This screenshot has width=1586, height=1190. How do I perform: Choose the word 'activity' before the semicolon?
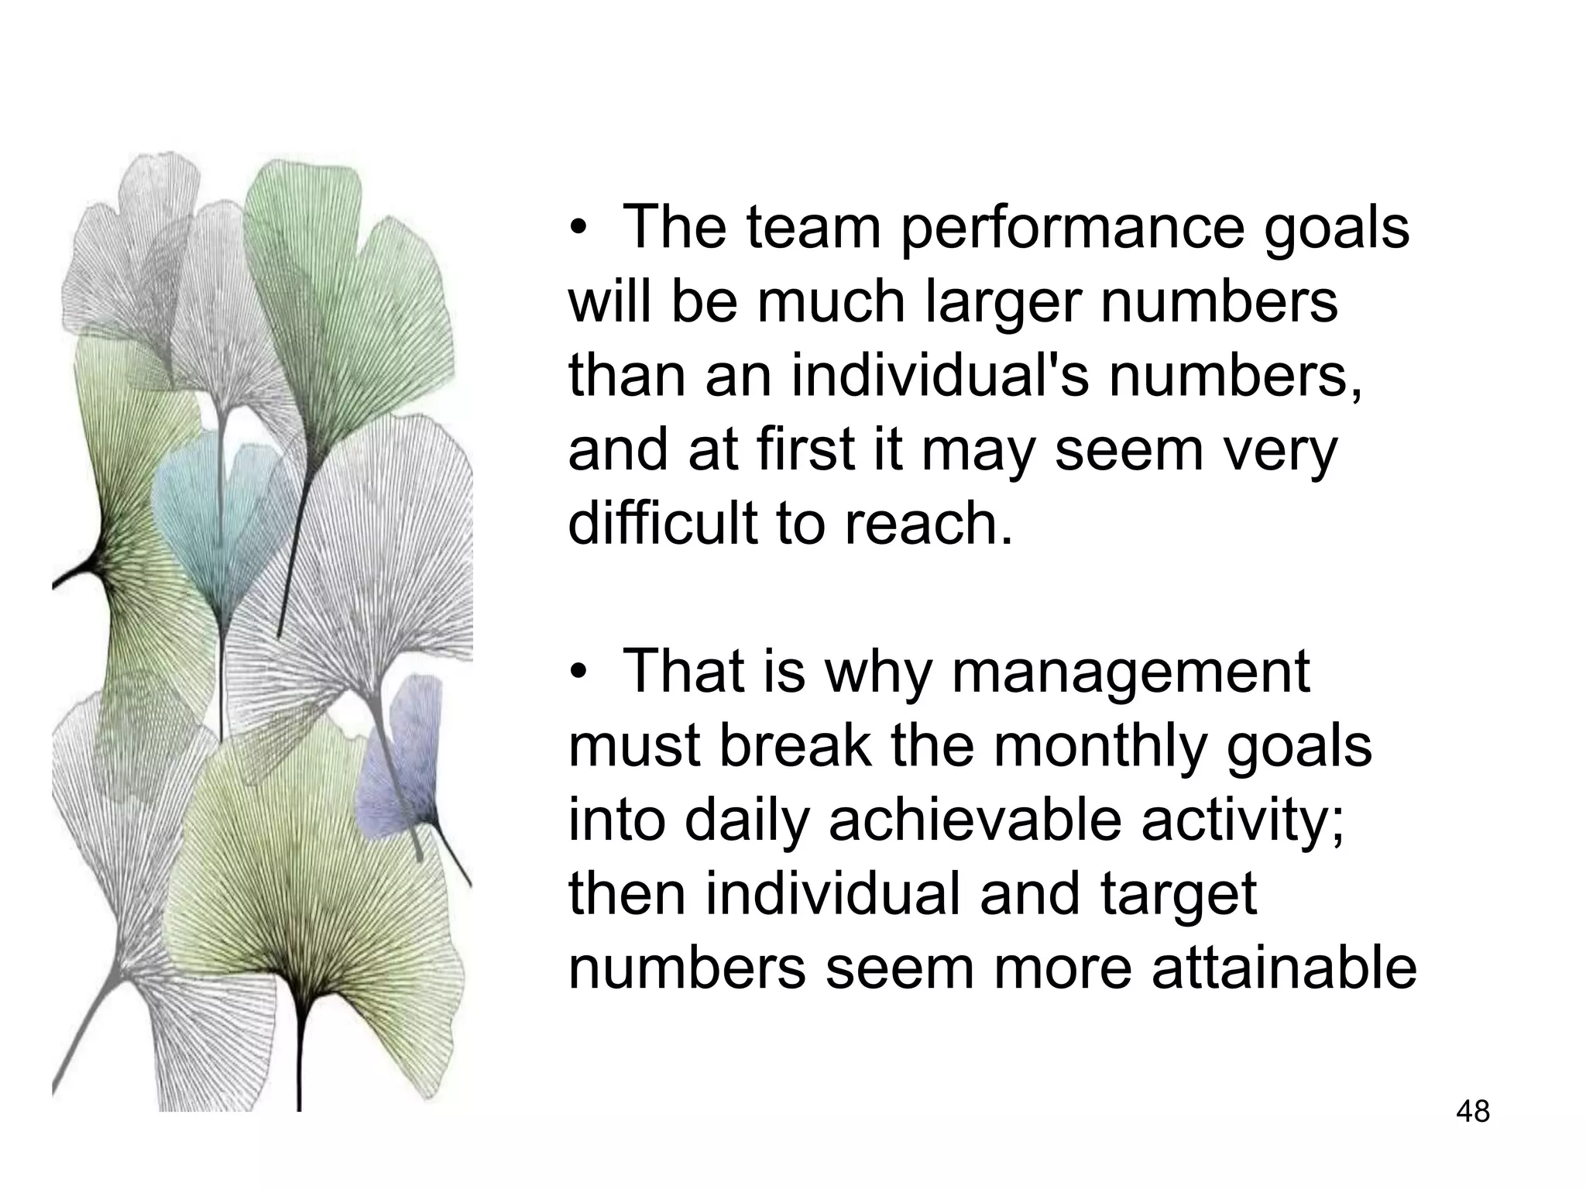pos(1235,821)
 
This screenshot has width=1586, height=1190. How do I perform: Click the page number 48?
pos(1473,1111)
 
